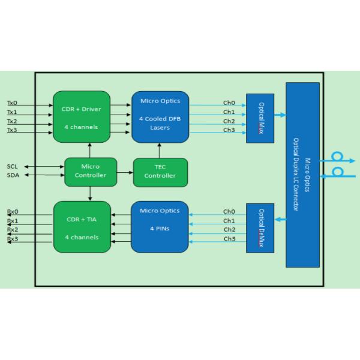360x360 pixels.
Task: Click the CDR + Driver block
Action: [82, 116]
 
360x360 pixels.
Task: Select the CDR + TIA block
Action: [82, 227]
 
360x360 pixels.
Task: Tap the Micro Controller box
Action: [91, 172]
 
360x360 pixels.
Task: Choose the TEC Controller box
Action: [160, 172]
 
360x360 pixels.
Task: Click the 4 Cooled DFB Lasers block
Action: [160, 117]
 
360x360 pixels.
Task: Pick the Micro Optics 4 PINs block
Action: [160, 227]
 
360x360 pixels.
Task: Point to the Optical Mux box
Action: [260, 118]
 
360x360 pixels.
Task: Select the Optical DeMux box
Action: [260, 228]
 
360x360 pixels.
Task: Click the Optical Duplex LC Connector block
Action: [302, 175]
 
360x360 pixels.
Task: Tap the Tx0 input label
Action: [12, 103]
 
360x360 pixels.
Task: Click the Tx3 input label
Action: [12, 130]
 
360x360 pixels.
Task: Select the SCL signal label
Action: [12, 166]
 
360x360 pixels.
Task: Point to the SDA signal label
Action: [13, 175]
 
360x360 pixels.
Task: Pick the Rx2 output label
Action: [13, 230]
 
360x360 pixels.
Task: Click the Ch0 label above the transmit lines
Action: [229, 103]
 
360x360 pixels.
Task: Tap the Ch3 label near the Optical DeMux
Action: [229, 239]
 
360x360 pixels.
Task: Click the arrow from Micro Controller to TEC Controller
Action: [125, 172]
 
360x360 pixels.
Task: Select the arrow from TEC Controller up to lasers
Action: [160, 151]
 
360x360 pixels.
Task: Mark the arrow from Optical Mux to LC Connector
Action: [280, 115]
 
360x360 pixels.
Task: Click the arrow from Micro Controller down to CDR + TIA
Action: [90, 194]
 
